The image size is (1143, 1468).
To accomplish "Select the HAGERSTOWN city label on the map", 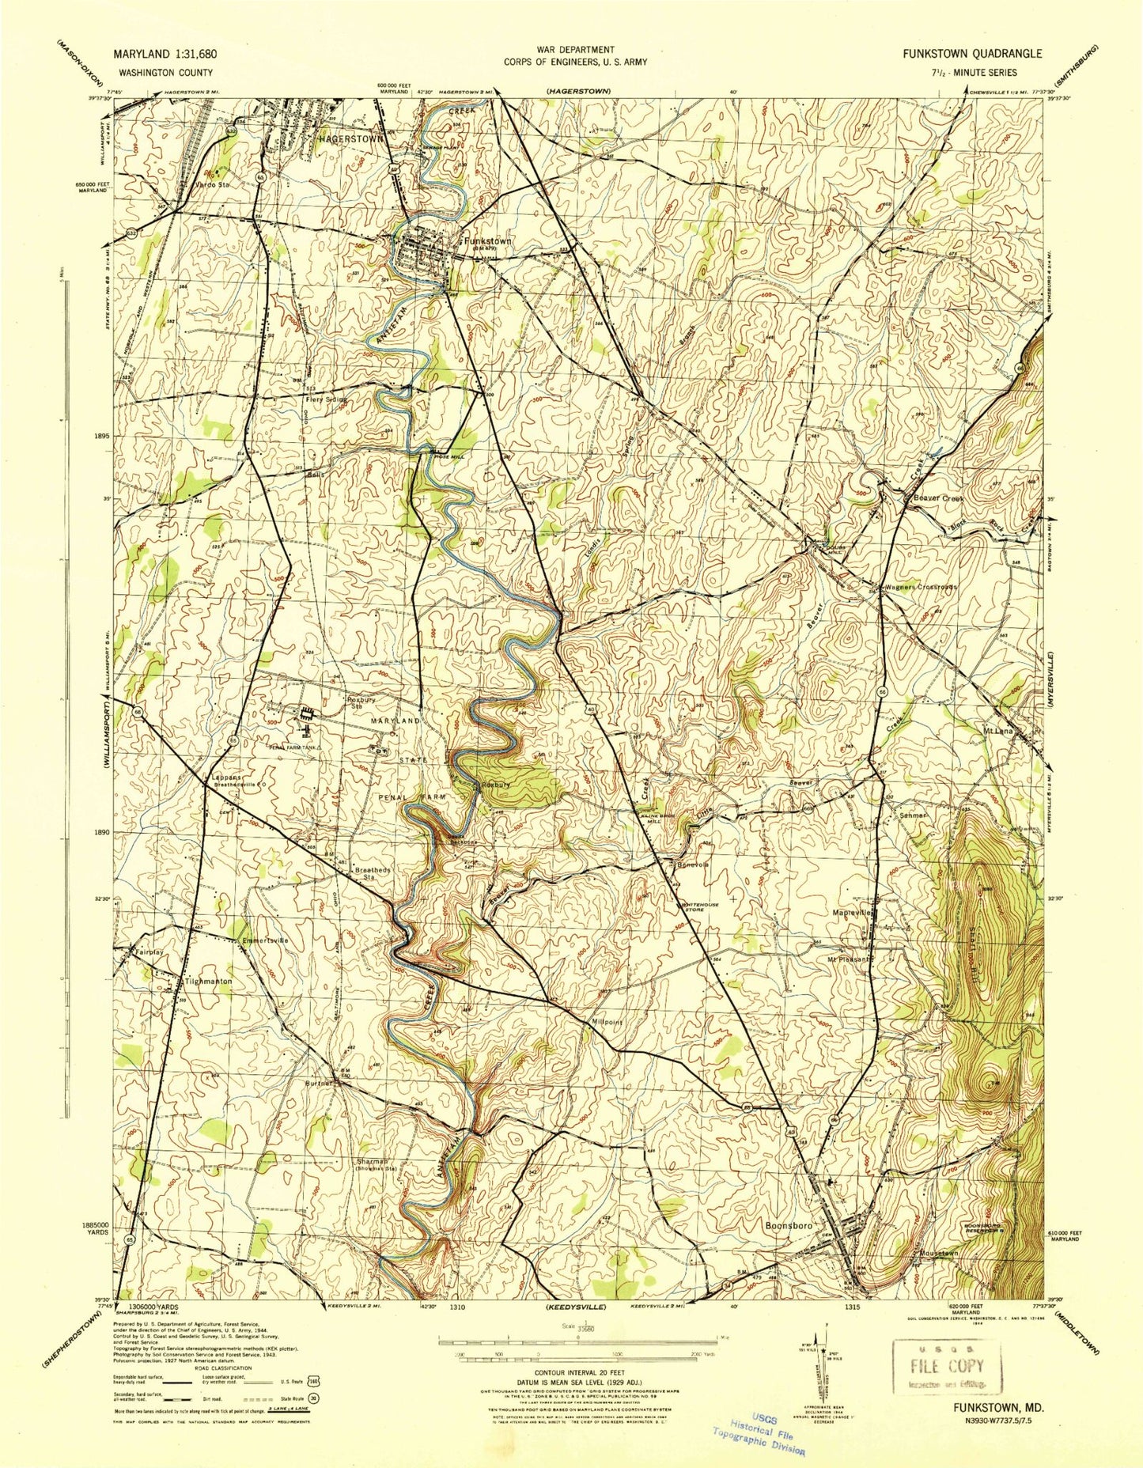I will click(350, 138).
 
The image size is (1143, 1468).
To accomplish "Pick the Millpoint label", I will click(607, 1022).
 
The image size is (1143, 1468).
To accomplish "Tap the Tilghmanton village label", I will click(208, 981).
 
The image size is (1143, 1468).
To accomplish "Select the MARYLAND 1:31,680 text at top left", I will click(165, 54).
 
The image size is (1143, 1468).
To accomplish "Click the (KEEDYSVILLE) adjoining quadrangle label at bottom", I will click(577, 1308).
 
